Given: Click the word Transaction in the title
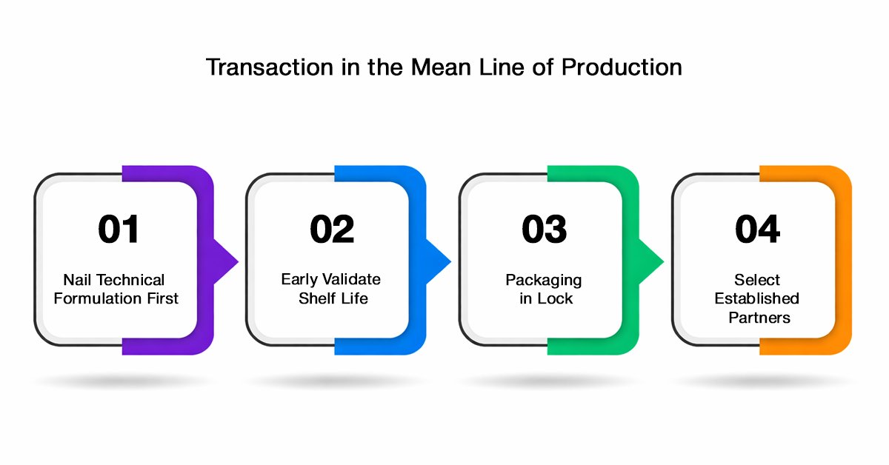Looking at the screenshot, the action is [x=270, y=67].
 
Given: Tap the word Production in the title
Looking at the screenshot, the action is [x=622, y=67].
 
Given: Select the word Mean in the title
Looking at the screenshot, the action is [x=441, y=67].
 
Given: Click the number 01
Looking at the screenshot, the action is [x=119, y=229].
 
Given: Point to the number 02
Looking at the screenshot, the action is [x=332, y=229].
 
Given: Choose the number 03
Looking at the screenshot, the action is [x=544, y=229].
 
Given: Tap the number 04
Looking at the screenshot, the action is [x=757, y=229].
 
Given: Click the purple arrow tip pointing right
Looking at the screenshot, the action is [x=238, y=261].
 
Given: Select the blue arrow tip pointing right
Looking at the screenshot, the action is [x=450, y=261].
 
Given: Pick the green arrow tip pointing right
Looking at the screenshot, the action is [x=663, y=261].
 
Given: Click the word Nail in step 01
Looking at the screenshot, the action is [x=77, y=280].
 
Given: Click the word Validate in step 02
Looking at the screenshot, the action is [x=351, y=279].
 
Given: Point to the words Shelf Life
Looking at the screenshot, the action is [x=333, y=298].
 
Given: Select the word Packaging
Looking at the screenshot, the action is [x=543, y=281].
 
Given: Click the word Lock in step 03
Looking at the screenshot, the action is [x=554, y=298].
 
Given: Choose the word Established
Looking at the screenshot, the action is [x=757, y=298].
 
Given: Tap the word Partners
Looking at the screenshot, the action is [x=759, y=318].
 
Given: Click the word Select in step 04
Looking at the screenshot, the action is [x=757, y=280].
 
